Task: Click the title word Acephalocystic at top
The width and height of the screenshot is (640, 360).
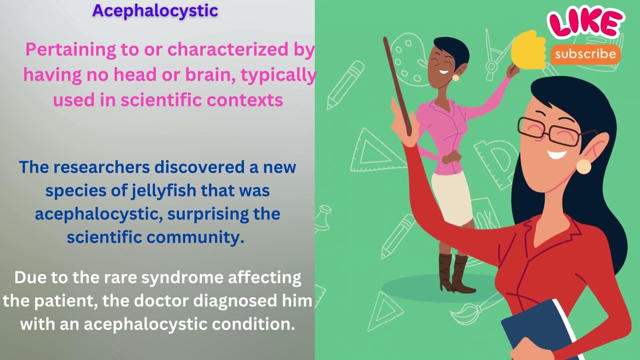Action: (155, 10)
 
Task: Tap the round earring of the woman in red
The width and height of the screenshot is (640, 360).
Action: (583, 166)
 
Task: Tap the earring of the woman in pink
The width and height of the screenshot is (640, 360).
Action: (455, 77)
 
